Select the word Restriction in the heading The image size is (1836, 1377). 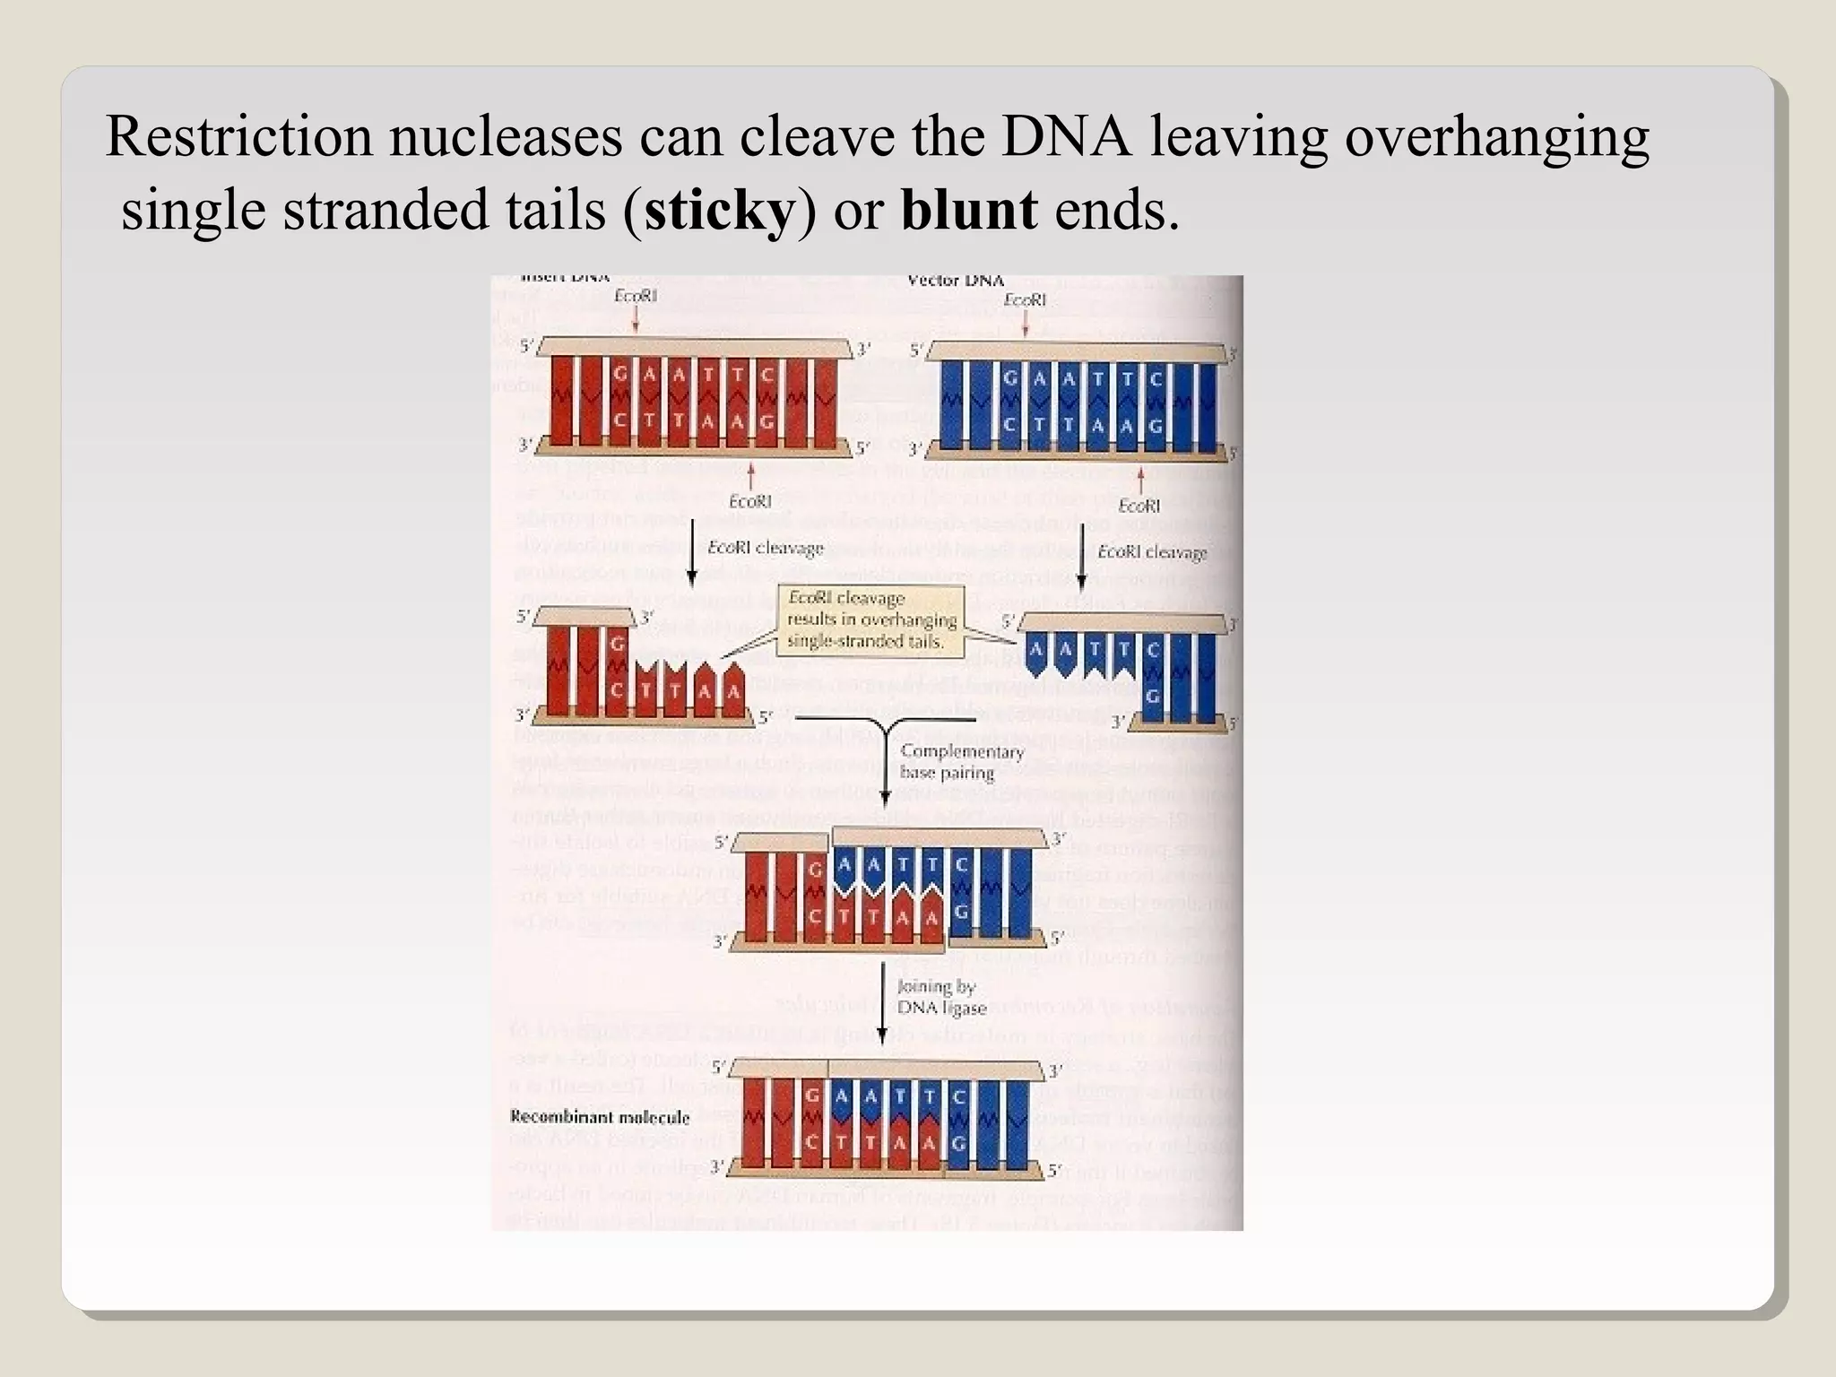238,137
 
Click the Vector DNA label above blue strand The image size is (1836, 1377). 956,281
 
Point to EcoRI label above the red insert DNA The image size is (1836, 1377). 636,295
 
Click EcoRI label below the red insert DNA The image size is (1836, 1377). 749,501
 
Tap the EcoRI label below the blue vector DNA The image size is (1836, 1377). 1139,506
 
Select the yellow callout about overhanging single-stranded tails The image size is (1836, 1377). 870,619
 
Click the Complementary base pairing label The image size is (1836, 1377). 960,762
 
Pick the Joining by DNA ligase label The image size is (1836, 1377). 940,997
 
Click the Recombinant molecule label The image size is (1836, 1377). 599,1117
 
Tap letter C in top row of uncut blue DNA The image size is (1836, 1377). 1156,379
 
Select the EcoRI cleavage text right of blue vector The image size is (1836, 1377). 1151,552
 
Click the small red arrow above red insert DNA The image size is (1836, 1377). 636,319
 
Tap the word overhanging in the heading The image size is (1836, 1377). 1495,137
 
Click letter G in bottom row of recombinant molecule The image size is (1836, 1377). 958,1144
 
